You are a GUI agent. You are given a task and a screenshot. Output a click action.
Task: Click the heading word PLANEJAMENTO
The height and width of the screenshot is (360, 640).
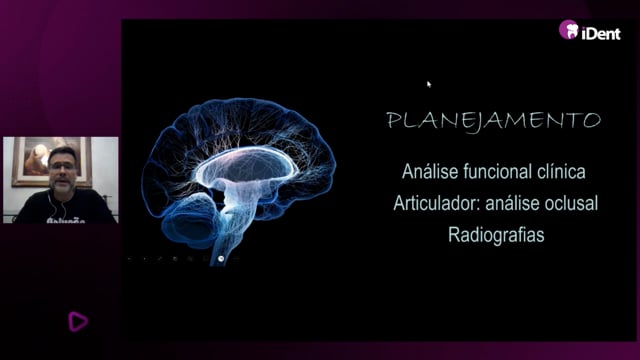coord(494,121)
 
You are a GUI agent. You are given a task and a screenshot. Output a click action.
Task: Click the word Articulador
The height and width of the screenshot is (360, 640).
coord(437,203)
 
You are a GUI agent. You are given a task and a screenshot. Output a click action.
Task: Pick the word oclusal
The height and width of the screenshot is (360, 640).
coord(572,203)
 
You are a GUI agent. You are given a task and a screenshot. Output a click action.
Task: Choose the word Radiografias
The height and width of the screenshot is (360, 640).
coord(496,235)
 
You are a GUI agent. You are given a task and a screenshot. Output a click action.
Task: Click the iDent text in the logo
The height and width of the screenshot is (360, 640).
coord(601,33)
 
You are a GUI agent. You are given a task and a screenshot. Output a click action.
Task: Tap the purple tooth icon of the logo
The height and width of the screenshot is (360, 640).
coord(569,29)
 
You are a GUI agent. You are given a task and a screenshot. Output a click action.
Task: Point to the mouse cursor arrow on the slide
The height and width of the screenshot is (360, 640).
coord(429,84)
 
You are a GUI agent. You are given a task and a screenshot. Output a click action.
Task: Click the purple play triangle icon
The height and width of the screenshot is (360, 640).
coord(78,321)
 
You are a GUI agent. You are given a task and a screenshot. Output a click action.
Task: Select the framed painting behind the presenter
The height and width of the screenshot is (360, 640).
coord(51,162)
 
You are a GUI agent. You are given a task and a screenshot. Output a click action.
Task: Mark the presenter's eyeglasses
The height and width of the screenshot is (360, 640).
coord(62,166)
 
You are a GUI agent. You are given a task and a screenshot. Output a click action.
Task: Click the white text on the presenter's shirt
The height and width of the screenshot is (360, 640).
coord(66,220)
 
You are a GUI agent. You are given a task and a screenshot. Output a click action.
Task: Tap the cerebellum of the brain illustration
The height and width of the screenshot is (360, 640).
coord(191,220)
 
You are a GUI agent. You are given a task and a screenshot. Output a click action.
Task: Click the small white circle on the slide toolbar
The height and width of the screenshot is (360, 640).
coord(221,259)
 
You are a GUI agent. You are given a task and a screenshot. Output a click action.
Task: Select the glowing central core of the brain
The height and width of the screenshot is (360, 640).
coord(245,167)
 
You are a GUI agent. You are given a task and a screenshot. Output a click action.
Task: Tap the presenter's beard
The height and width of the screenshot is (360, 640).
coord(62,185)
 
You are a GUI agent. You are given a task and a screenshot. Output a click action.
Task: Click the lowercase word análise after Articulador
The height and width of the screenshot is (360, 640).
coord(513,203)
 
